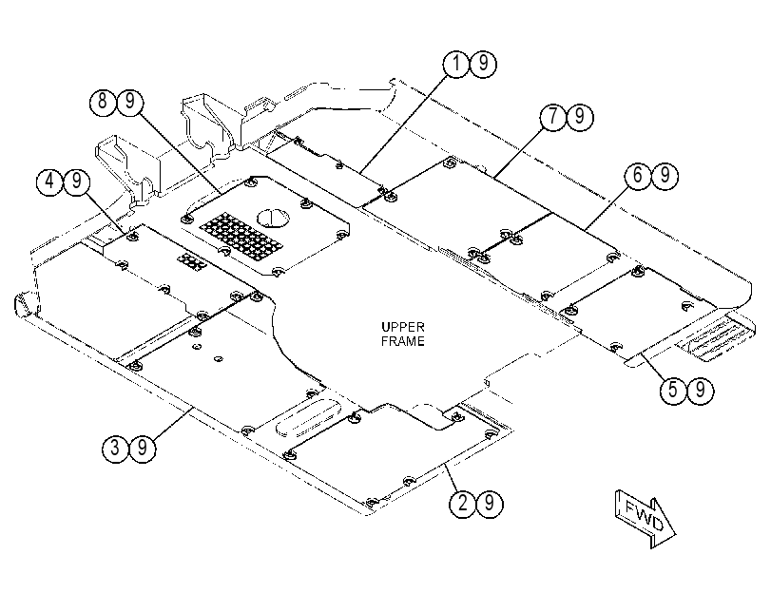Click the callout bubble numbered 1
click(x=456, y=64)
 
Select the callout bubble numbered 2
click(x=463, y=503)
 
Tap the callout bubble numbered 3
click(x=116, y=448)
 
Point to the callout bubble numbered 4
click(x=50, y=182)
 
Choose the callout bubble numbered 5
click(x=673, y=391)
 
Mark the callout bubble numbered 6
click(x=638, y=176)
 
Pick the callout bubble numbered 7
click(x=553, y=117)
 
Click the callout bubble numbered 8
click(x=103, y=102)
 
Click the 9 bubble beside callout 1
click(x=483, y=64)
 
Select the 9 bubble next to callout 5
click(x=701, y=391)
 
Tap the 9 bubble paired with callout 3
click(x=143, y=448)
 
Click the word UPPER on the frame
click(x=403, y=327)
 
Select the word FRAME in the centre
click(x=403, y=341)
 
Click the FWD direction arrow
click(x=646, y=519)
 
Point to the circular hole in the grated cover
click(x=273, y=218)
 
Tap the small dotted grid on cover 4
click(x=192, y=262)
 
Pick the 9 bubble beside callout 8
click(x=130, y=102)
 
